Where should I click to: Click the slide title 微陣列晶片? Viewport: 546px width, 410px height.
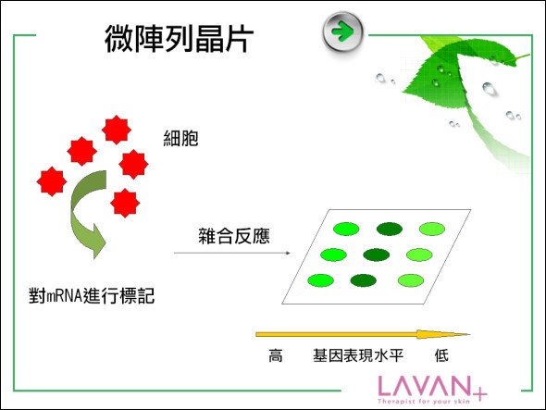click(179, 39)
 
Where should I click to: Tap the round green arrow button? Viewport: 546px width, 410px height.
click(342, 32)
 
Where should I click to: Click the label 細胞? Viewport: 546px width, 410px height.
click(180, 138)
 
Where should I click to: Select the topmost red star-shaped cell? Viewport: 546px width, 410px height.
click(117, 130)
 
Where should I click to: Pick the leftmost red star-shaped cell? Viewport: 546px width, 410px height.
click(52, 181)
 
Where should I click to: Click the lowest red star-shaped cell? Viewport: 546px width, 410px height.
click(125, 203)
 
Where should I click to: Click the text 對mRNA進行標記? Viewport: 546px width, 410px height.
click(92, 296)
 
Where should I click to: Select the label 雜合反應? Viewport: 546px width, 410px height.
click(234, 236)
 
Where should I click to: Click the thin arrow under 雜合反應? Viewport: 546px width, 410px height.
click(232, 253)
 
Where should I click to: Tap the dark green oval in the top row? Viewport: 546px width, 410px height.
click(390, 229)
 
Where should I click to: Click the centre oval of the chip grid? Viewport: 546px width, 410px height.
click(376, 255)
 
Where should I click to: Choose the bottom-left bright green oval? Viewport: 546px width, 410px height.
click(321, 280)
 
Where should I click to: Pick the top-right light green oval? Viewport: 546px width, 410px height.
click(432, 229)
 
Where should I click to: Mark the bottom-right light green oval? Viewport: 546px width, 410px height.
click(411, 280)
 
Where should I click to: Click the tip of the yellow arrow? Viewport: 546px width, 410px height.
click(470, 334)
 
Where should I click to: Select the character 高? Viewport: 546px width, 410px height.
click(276, 355)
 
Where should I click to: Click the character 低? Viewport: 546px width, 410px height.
click(441, 355)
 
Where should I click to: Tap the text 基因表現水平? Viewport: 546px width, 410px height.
click(358, 355)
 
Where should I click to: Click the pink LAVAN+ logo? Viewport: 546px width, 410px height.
click(432, 390)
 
